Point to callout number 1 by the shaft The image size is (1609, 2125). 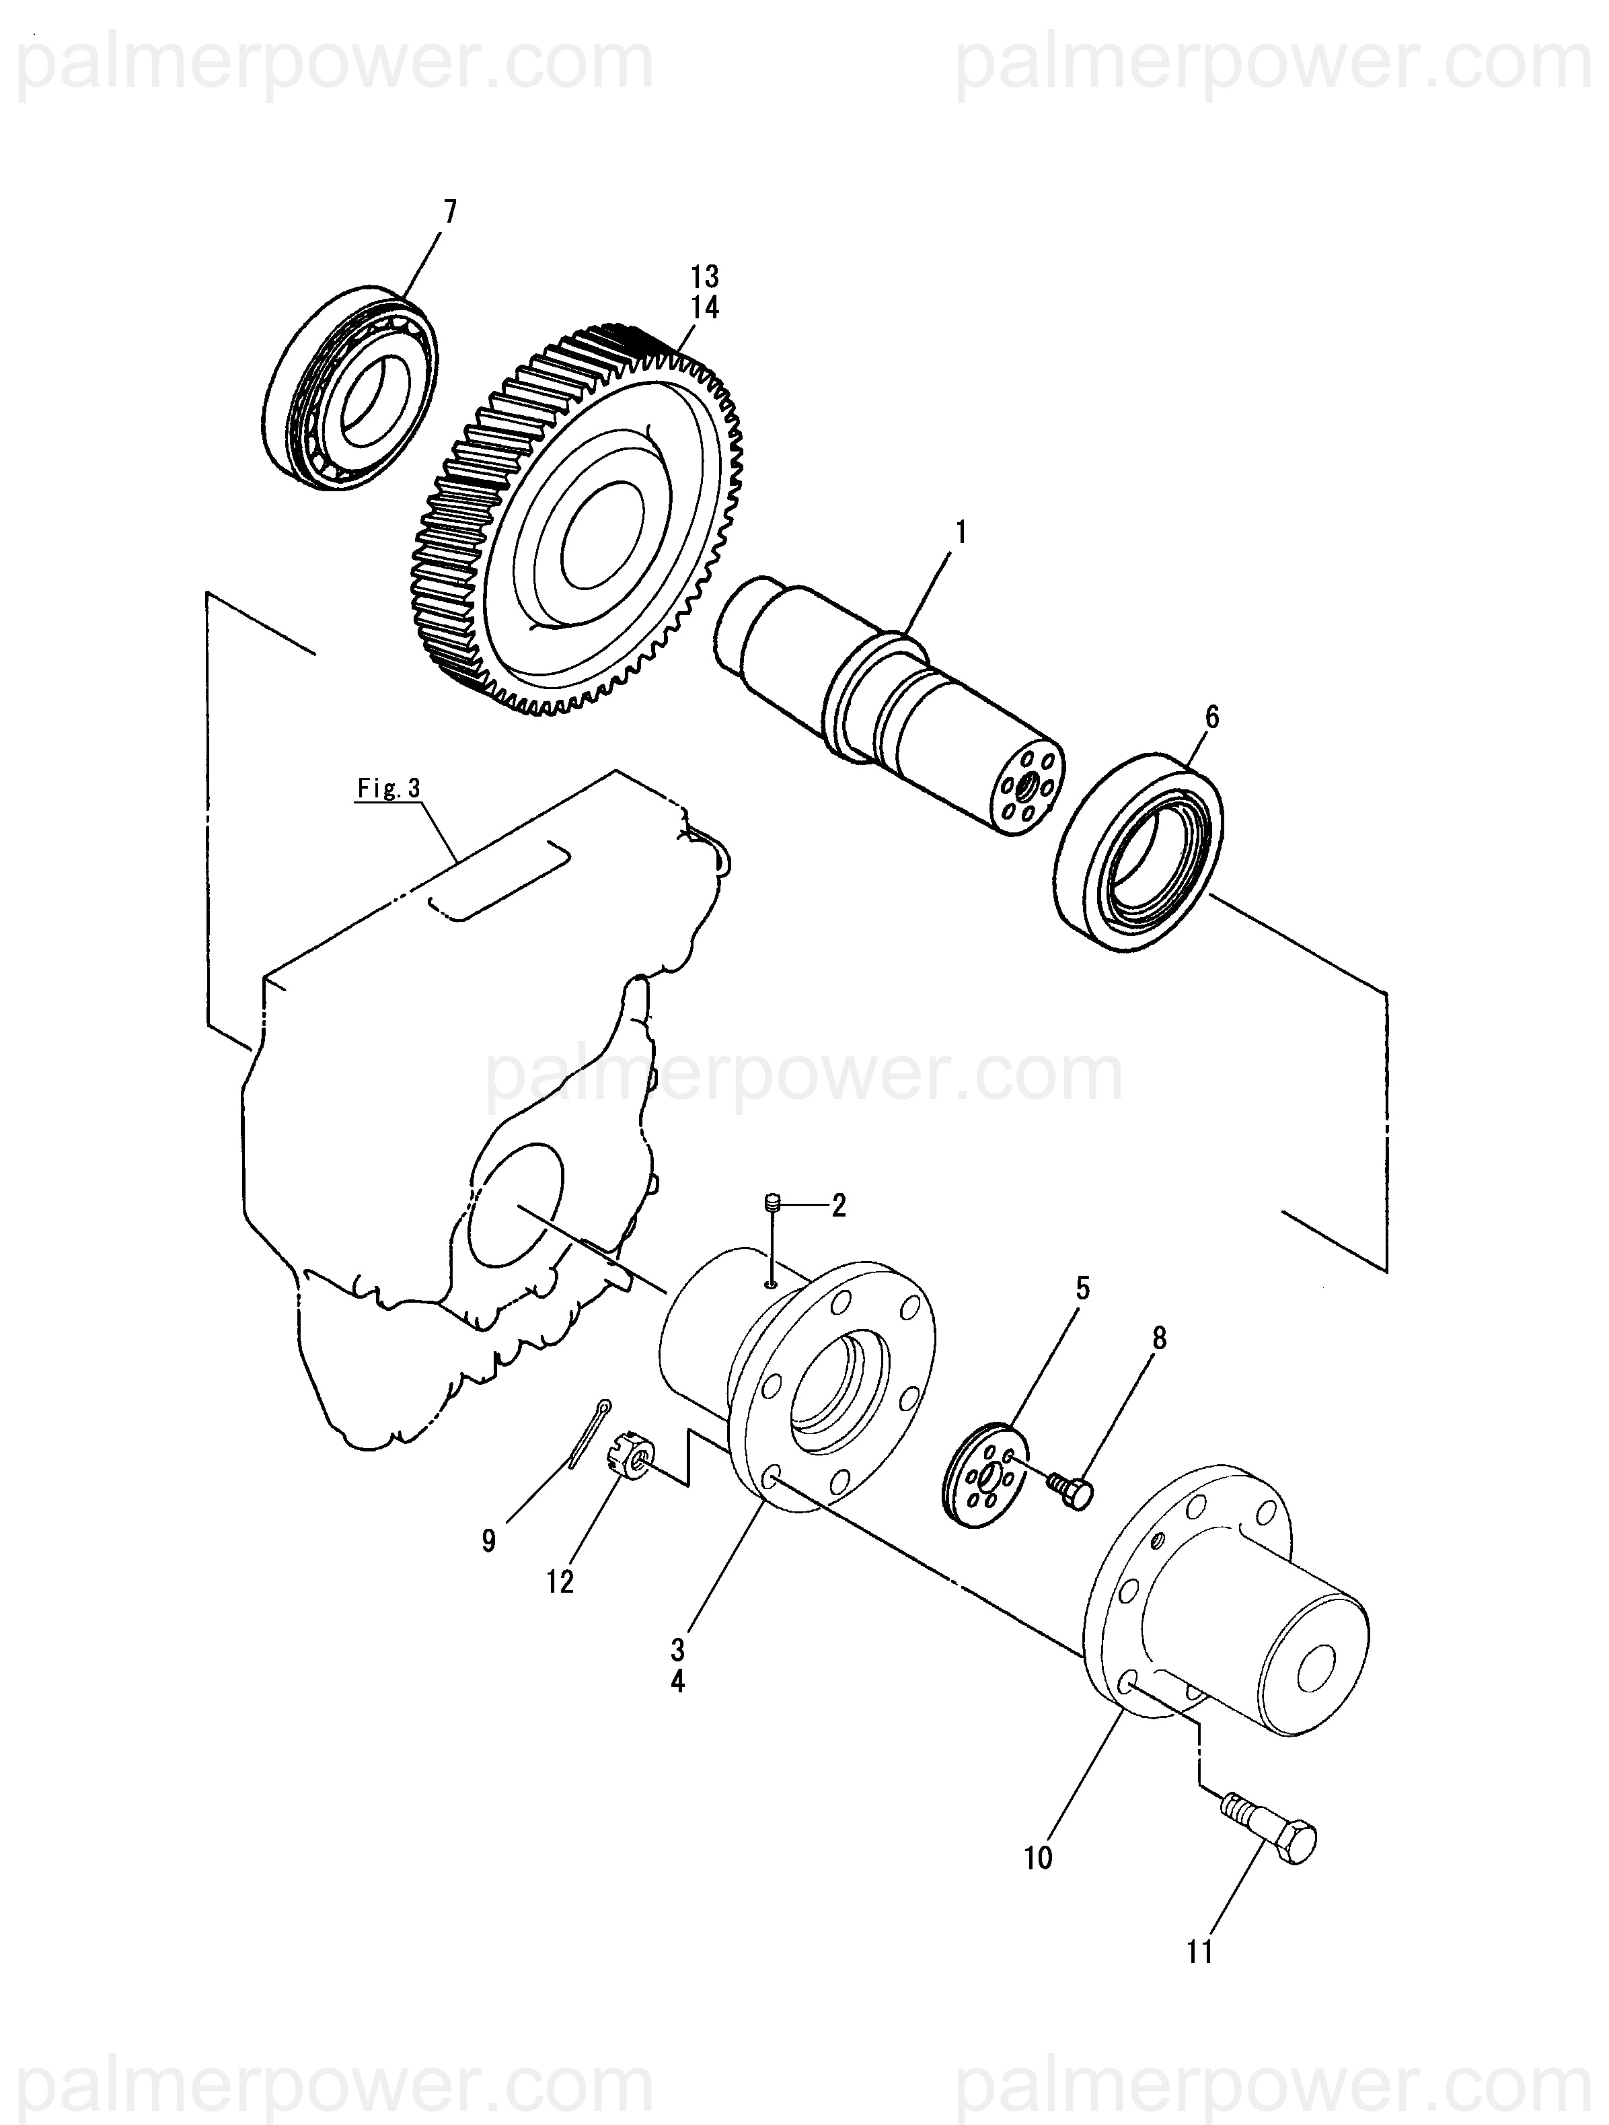[x=961, y=532]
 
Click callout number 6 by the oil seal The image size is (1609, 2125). [x=1211, y=717]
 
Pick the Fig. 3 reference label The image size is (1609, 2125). [x=389, y=789]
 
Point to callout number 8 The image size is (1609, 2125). [x=1160, y=1338]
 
